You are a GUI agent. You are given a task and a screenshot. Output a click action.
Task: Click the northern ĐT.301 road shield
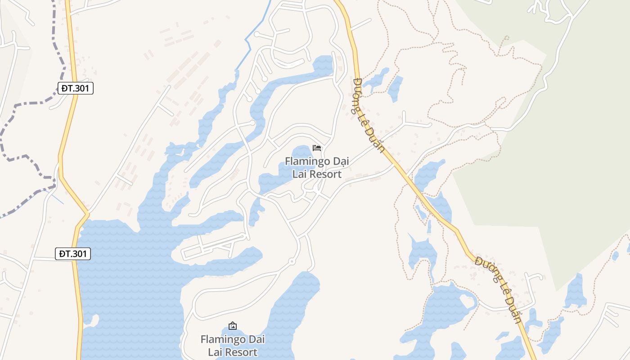click(76, 88)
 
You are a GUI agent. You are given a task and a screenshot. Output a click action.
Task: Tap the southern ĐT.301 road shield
click(73, 254)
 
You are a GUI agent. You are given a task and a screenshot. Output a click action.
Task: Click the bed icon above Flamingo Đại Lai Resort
click(317, 148)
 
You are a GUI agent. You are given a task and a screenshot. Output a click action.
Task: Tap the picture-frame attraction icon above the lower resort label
click(233, 326)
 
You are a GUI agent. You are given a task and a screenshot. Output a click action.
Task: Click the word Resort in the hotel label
click(317, 174)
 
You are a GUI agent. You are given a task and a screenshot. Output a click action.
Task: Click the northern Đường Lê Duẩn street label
click(369, 116)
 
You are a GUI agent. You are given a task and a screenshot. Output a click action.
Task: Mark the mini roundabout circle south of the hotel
click(292, 261)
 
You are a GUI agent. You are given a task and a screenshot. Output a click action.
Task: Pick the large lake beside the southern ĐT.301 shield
click(126, 279)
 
